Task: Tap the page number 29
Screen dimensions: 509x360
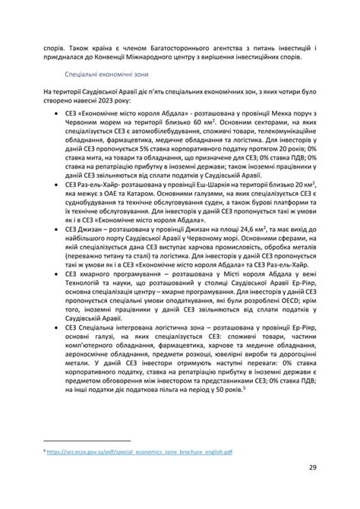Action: (x=312, y=468)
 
